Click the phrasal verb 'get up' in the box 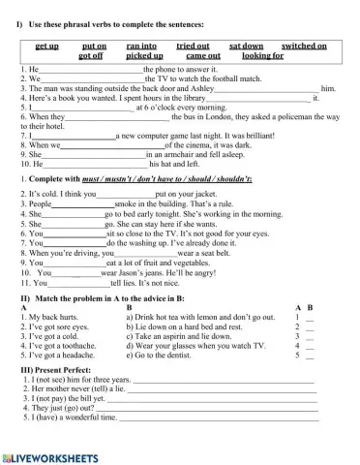tap(46, 46)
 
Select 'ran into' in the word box tap(141, 46)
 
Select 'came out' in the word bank tap(202, 56)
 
